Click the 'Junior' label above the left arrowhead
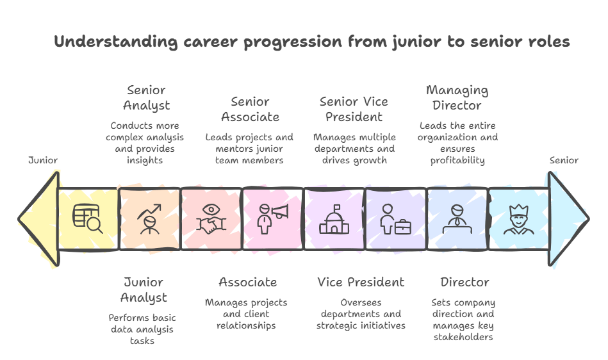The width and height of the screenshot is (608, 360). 43,160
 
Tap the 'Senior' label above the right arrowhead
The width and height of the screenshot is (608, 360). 564,160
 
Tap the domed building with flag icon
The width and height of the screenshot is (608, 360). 334,218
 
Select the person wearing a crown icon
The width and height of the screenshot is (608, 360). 518,218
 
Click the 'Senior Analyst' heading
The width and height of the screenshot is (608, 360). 146,97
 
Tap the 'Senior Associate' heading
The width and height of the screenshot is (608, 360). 250,109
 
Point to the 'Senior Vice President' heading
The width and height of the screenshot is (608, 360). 354,109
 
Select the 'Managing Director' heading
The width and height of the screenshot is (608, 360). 457,97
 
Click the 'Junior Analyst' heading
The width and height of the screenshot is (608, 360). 144,290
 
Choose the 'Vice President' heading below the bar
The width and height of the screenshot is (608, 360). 361,282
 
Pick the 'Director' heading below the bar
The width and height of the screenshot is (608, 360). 464,282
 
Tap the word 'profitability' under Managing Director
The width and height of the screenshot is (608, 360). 457,160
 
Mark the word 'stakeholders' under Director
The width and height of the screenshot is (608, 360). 463,337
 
